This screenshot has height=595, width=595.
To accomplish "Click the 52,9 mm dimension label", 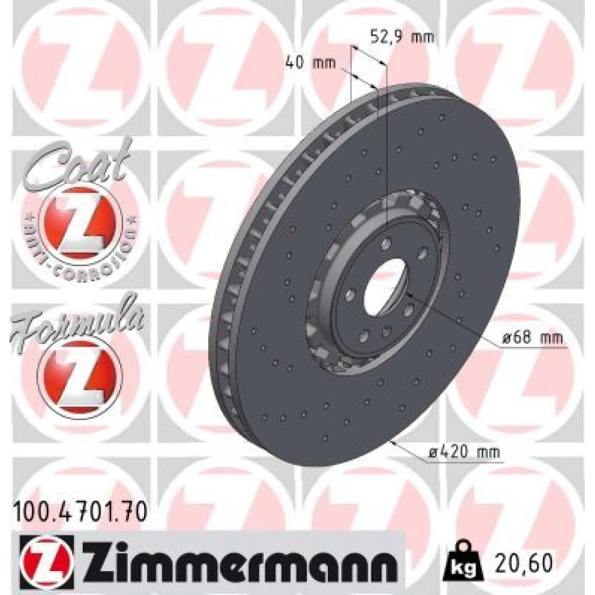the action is coord(402,37).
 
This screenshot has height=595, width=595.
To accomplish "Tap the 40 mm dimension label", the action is coord(311,62).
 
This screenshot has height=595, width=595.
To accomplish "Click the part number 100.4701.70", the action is coord(80,511).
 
